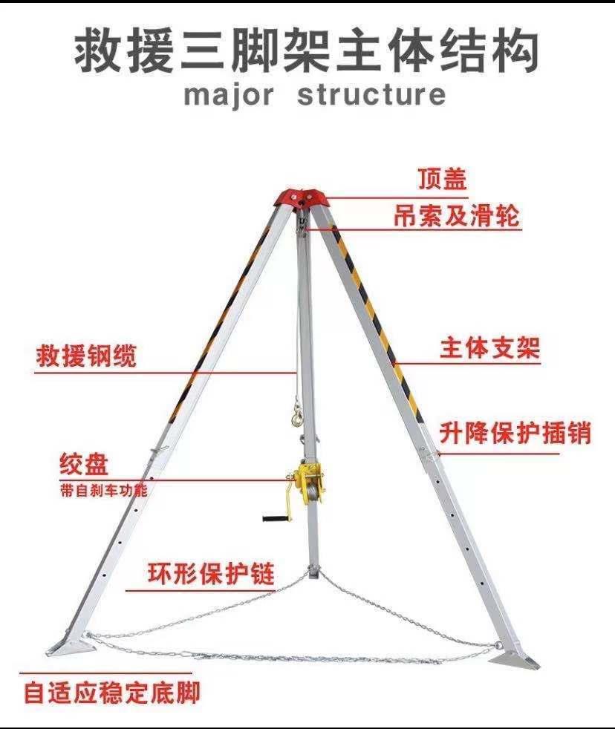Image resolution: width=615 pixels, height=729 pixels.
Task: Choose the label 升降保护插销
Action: pyautogui.click(x=515, y=432)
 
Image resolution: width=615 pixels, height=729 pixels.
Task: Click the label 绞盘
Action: pyautogui.click(x=84, y=465)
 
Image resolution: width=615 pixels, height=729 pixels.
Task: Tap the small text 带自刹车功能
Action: pyautogui.click(x=103, y=491)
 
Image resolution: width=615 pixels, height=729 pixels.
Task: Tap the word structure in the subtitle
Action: pyautogui.click(x=371, y=95)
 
